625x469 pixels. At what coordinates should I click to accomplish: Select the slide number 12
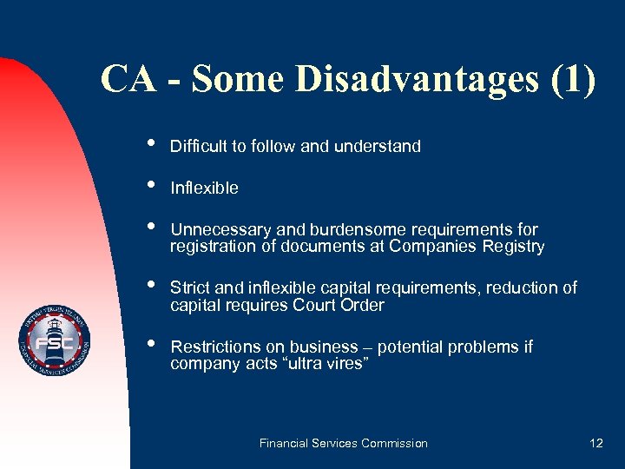(x=595, y=443)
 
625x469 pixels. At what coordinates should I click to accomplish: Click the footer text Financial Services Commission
(x=344, y=443)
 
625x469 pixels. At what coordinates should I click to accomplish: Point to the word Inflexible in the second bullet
(x=204, y=188)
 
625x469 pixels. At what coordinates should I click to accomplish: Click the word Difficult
(x=199, y=147)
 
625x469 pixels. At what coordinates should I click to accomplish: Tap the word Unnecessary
(x=221, y=230)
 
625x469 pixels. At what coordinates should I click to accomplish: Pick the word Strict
(x=191, y=288)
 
